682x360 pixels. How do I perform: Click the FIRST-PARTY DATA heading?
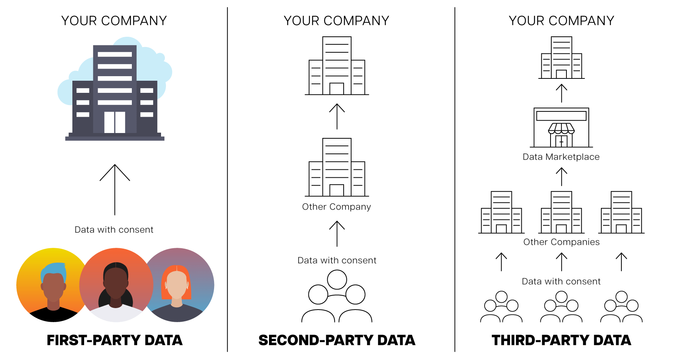pyautogui.click(x=114, y=340)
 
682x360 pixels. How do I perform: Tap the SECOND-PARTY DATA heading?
pyautogui.click(x=337, y=340)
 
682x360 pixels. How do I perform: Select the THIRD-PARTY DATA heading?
pyautogui.click(x=561, y=340)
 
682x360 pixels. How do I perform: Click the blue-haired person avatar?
pyautogui.click(x=53, y=285)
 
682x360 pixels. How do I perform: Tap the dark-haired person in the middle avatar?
pyautogui.click(x=116, y=285)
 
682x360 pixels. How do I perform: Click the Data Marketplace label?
pyautogui.click(x=561, y=157)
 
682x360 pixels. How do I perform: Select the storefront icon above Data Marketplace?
pyautogui.click(x=561, y=128)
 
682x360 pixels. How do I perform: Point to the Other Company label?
pyautogui.click(x=336, y=207)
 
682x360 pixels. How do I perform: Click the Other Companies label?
pyautogui.click(x=561, y=242)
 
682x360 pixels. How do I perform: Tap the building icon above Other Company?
pyautogui.click(x=337, y=167)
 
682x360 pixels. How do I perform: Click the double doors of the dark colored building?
pyautogui.click(x=115, y=122)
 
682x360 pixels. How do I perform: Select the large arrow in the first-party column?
pyautogui.click(x=115, y=189)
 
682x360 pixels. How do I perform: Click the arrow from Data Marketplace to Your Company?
pyautogui.click(x=562, y=93)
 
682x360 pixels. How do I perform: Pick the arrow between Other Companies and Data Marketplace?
pyautogui.click(x=562, y=177)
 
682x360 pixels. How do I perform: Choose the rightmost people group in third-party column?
pyautogui.click(x=621, y=307)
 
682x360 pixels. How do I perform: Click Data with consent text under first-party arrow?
pyautogui.click(x=114, y=230)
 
